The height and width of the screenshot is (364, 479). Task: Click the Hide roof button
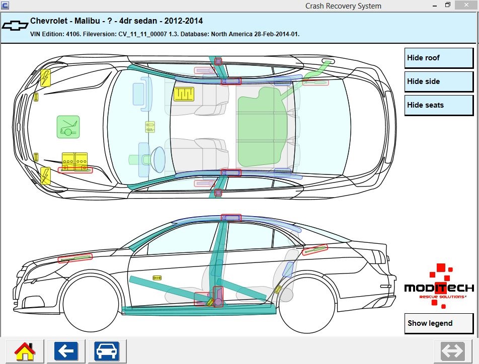coord(439,58)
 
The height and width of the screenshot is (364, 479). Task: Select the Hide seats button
coord(439,105)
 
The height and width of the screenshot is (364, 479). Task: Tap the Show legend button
coord(439,323)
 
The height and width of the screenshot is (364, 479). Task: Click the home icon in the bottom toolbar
coord(25,350)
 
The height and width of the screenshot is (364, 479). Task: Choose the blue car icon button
coord(107,350)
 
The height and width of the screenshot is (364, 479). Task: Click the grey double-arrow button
coord(452,350)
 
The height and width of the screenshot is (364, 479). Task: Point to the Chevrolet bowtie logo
coord(15,26)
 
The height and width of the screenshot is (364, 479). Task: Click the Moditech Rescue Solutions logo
coord(439,287)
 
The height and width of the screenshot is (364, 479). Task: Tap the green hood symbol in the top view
coord(68,127)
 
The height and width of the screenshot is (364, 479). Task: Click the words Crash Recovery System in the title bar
coord(343,6)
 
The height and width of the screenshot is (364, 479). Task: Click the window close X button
coord(466,5)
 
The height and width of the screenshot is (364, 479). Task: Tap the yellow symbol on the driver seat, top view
coord(184,94)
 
